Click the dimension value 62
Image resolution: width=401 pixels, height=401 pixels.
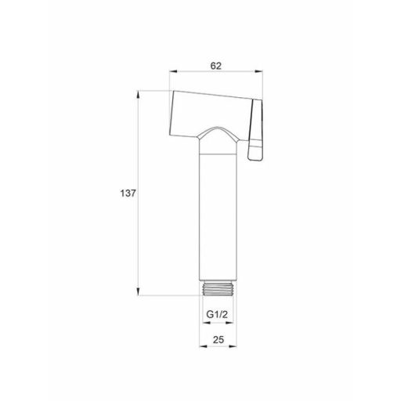(216, 67)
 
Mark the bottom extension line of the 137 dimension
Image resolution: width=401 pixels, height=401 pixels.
(168, 294)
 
